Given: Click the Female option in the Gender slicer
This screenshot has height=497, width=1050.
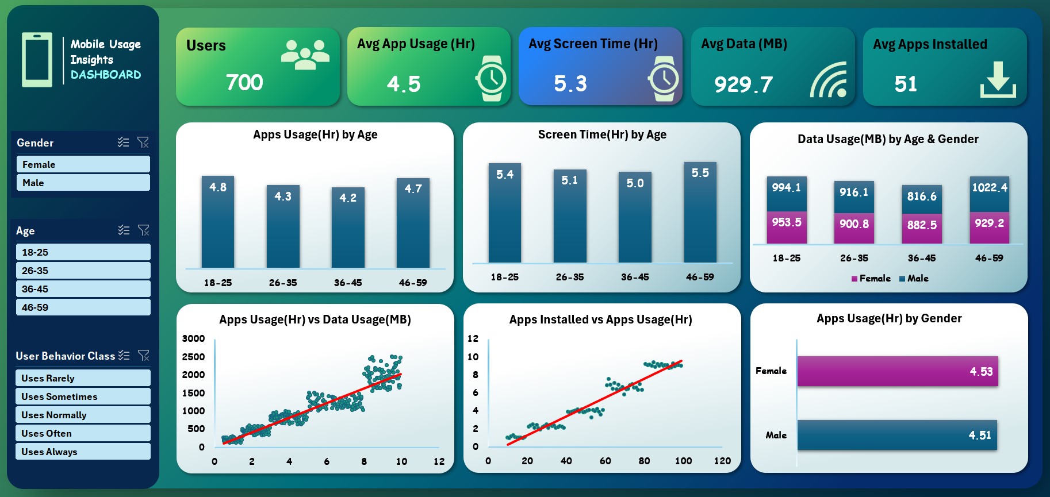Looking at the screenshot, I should (83, 164).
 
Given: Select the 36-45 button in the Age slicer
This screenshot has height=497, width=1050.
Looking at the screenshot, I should (83, 289).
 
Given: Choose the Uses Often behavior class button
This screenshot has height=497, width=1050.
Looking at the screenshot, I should (83, 433).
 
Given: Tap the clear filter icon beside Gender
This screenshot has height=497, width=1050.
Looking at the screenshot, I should (143, 142).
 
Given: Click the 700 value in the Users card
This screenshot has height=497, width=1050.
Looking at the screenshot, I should (244, 83).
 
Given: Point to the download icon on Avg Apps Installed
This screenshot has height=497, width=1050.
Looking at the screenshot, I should (998, 80).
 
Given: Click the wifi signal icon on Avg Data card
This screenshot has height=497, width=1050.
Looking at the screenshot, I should (829, 80).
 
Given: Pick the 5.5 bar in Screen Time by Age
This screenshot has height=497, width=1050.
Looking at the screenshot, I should (700, 213).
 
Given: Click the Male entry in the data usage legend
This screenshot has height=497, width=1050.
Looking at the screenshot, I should (914, 279).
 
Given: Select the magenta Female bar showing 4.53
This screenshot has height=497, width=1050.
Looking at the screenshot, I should (897, 371).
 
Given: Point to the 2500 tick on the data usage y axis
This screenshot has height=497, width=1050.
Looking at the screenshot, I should (193, 357).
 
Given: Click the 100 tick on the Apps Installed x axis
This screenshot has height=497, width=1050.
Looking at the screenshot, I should (683, 461).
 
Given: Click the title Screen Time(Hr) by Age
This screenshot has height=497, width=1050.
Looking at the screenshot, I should (602, 135).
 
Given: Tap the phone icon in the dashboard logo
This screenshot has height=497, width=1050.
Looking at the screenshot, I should (37, 60).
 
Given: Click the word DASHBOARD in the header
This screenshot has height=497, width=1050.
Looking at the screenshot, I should (106, 75).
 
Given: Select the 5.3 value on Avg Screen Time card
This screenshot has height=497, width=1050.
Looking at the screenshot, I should (570, 84).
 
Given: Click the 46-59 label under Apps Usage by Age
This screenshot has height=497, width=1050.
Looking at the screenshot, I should (413, 283).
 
